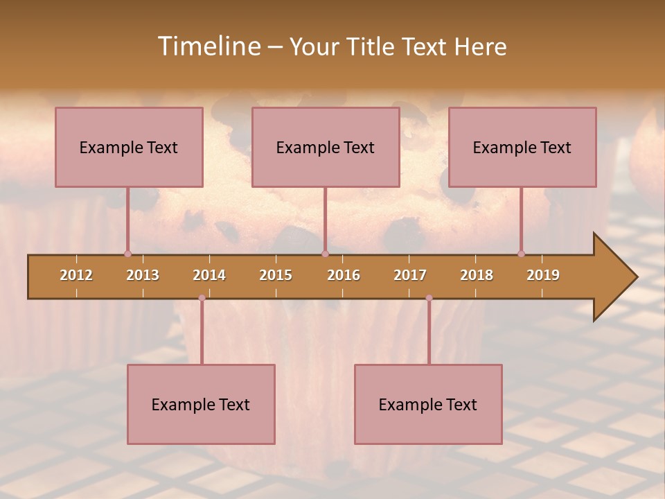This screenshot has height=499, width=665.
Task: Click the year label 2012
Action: [x=76, y=275]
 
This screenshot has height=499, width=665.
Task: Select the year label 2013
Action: [x=143, y=275]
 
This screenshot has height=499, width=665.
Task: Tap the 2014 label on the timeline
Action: [x=209, y=275]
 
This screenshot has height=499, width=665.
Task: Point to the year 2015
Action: [x=276, y=275]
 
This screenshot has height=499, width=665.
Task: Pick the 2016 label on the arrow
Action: [x=344, y=275]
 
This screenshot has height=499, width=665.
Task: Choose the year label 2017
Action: [x=410, y=275]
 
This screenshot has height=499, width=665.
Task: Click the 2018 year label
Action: [x=477, y=275]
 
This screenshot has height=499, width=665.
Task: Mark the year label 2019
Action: [x=543, y=275]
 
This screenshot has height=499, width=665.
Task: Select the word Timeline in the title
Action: [x=208, y=46]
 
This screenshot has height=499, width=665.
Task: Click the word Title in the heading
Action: [x=374, y=46]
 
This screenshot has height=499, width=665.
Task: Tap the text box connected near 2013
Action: [x=129, y=147]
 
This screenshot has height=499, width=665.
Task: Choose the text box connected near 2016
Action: [x=326, y=147]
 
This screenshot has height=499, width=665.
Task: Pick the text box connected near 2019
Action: [x=522, y=147]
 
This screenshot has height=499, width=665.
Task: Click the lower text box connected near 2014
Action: [x=201, y=404]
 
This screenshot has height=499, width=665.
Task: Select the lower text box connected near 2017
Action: [x=428, y=404]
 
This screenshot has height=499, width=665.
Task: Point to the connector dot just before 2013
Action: [x=127, y=254]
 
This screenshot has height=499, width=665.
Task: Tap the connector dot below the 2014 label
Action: [x=202, y=298]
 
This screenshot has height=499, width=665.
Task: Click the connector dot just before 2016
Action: [x=325, y=254]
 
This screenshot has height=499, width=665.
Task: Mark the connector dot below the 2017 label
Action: [x=429, y=298]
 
